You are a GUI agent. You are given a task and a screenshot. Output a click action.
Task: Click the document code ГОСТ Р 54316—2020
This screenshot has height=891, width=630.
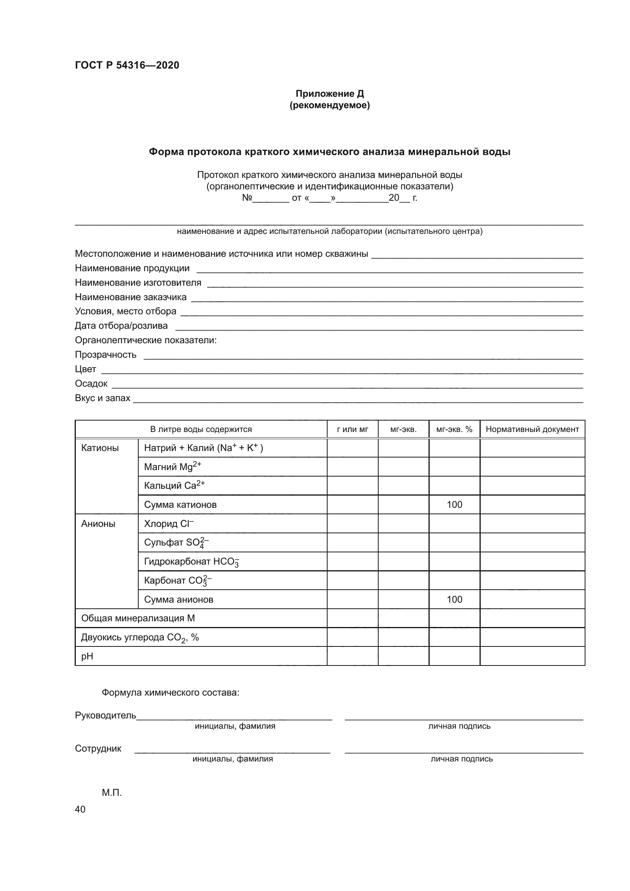(x=127, y=65)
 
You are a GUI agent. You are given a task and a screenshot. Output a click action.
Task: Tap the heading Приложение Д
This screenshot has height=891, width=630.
(x=329, y=94)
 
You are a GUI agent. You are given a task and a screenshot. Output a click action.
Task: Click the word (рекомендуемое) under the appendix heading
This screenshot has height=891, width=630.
(x=329, y=105)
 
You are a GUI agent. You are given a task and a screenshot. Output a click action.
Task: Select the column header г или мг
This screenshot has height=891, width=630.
(x=352, y=429)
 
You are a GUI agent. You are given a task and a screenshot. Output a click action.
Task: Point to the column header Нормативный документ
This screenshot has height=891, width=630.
(x=532, y=429)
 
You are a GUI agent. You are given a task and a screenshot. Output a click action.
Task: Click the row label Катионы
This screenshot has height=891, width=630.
(x=100, y=448)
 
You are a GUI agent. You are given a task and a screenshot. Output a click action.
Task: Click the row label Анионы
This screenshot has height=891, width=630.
(x=98, y=523)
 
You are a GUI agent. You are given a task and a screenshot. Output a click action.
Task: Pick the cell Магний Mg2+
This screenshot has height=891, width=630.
(x=173, y=467)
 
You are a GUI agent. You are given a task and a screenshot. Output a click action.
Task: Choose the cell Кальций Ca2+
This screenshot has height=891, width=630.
(x=174, y=485)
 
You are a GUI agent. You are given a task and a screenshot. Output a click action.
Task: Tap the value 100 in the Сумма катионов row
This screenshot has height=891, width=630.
(x=454, y=504)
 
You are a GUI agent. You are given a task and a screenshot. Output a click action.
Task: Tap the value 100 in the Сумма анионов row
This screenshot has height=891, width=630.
(x=454, y=599)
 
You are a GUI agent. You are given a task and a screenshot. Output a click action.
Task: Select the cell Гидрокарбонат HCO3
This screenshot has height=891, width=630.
(x=191, y=561)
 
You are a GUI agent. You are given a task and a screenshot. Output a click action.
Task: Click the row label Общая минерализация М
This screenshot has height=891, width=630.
(x=138, y=618)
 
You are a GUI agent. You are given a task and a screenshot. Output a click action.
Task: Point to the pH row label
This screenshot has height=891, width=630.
(x=87, y=656)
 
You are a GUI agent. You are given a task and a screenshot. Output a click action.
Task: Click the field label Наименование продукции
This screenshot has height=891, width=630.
(x=132, y=268)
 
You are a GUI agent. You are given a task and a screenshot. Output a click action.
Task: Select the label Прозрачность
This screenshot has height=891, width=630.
(x=106, y=355)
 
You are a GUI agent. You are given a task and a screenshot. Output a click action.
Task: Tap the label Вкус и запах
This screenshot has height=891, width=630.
(x=102, y=398)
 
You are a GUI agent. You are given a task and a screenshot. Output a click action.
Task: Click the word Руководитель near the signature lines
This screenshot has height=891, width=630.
(x=106, y=715)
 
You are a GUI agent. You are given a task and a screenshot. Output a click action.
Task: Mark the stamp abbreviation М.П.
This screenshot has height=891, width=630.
(x=112, y=793)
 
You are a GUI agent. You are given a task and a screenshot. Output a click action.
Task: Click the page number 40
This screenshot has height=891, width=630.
(x=80, y=809)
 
